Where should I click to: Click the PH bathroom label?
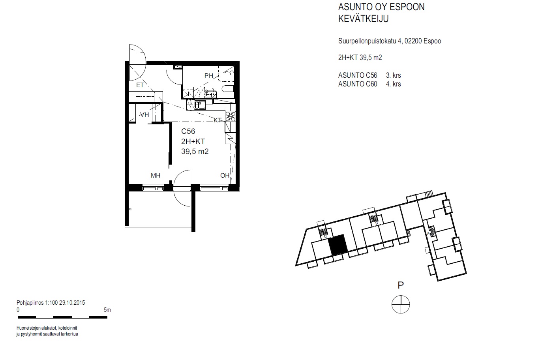[x=209, y=76]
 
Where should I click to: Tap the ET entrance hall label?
[x=140, y=85]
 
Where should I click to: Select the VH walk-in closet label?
[x=144, y=115]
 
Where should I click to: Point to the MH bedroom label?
[x=156, y=176]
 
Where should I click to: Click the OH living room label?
[x=225, y=176]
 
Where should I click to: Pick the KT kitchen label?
[x=217, y=120]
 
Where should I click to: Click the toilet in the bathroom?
[x=228, y=89]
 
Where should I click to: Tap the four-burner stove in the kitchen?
[x=230, y=116]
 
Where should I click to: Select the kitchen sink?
[x=200, y=105]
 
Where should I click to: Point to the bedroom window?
[x=153, y=188]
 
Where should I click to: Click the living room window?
[x=214, y=188]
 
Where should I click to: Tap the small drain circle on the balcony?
[x=130, y=209]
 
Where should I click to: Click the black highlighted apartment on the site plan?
[x=338, y=245]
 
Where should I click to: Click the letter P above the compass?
[x=401, y=285]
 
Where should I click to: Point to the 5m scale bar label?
[x=107, y=310]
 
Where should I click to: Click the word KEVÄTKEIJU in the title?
[x=363, y=19]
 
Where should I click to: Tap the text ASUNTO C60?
[x=358, y=84]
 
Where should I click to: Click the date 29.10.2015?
[x=72, y=303]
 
